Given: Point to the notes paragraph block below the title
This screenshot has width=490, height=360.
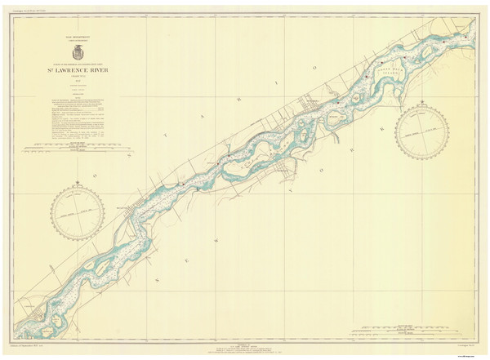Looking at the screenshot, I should (x=78, y=109).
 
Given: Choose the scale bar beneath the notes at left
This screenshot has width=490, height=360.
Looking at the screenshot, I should (x=78, y=149).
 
